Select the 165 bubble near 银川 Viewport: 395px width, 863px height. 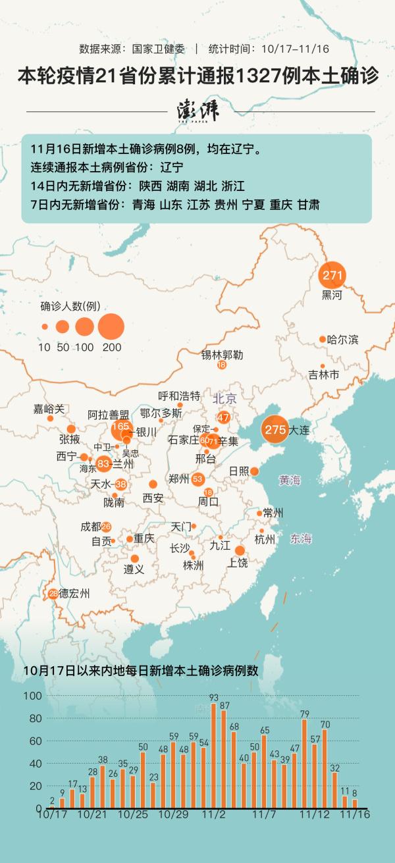click(x=120, y=427)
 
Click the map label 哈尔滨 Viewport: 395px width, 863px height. click(x=342, y=340)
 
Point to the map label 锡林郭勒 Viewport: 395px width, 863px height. click(x=222, y=355)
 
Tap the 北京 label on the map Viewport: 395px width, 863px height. click(x=224, y=398)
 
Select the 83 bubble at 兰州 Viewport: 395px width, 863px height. click(x=103, y=464)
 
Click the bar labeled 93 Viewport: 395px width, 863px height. click(x=214, y=755)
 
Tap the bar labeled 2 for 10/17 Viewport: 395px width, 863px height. click(x=52, y=806)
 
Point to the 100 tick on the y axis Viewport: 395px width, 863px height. click(x=32, y=696)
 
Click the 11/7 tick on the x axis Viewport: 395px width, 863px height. click(x=264, y=814)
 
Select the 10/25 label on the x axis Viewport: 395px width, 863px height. click(x=132, y=814)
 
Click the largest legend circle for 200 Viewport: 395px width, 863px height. click(x=111, y=326)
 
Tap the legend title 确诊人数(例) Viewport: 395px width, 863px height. click(x=70, y=306)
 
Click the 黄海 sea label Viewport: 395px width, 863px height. click(x=290, y=480)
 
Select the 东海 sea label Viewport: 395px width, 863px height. click(x=301, y=538)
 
